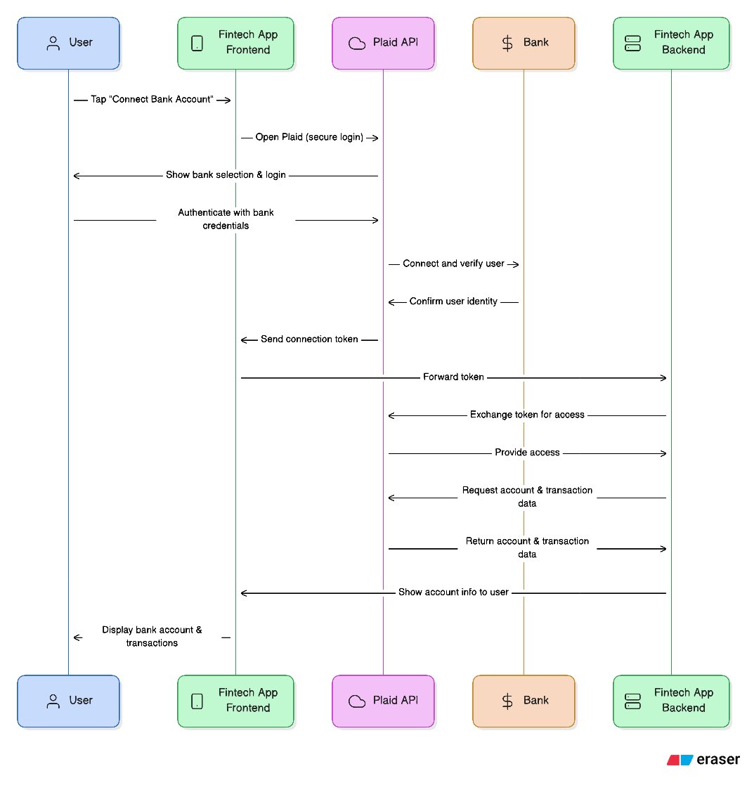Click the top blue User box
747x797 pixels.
pos(68,43)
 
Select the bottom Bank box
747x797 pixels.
pos(524,701)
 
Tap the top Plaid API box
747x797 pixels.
pos(383,43)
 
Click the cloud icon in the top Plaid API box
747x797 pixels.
pos(358,43)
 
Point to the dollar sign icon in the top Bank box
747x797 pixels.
pos(507,43)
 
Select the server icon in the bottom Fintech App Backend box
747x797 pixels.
pos(632,701)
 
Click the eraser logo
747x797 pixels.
pos(703,760)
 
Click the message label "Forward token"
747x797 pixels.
pos(453,377)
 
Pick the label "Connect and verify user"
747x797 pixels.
pos(453,264)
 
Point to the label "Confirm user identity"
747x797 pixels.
pos(453,302)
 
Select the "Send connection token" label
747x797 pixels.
pos(309,339)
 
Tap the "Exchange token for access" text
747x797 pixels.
pos(527,415)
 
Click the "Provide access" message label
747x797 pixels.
pos(527,453)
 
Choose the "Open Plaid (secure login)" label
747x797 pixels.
pos(309,138)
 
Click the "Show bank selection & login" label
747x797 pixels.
pos(226,175)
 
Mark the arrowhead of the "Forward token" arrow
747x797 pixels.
pos(663,378)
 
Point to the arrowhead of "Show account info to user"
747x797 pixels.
pos(244,593)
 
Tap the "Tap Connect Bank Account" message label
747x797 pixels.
pos(152,100)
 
